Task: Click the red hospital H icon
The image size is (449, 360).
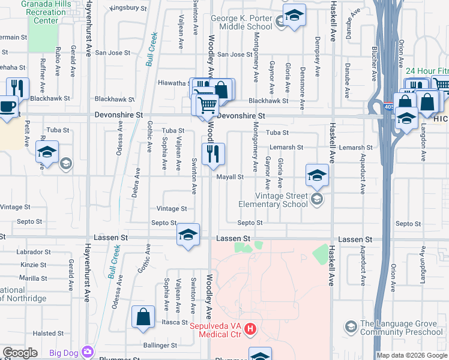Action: [x=251, y=329]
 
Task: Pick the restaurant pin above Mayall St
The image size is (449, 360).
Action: [x=213, y=155]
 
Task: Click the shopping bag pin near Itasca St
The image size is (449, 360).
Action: [x=143, y=317]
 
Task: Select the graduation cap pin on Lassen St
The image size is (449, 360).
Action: [x=188, y=235]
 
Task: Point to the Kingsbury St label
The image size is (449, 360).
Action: [x=128, y=8]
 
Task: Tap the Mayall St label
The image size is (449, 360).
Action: [x=229, y=177]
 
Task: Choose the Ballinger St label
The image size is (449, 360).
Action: [x=160, y=346]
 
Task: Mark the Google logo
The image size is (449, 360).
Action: [x=20, y=353]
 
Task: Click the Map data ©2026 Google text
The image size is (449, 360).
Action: [x=412, y=355]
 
